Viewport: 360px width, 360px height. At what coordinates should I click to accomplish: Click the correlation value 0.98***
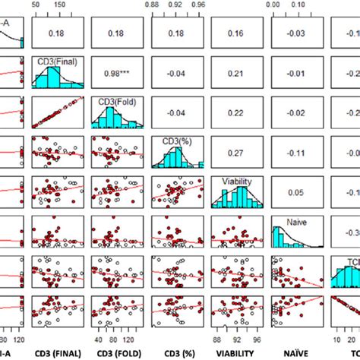[x=118, y=74]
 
